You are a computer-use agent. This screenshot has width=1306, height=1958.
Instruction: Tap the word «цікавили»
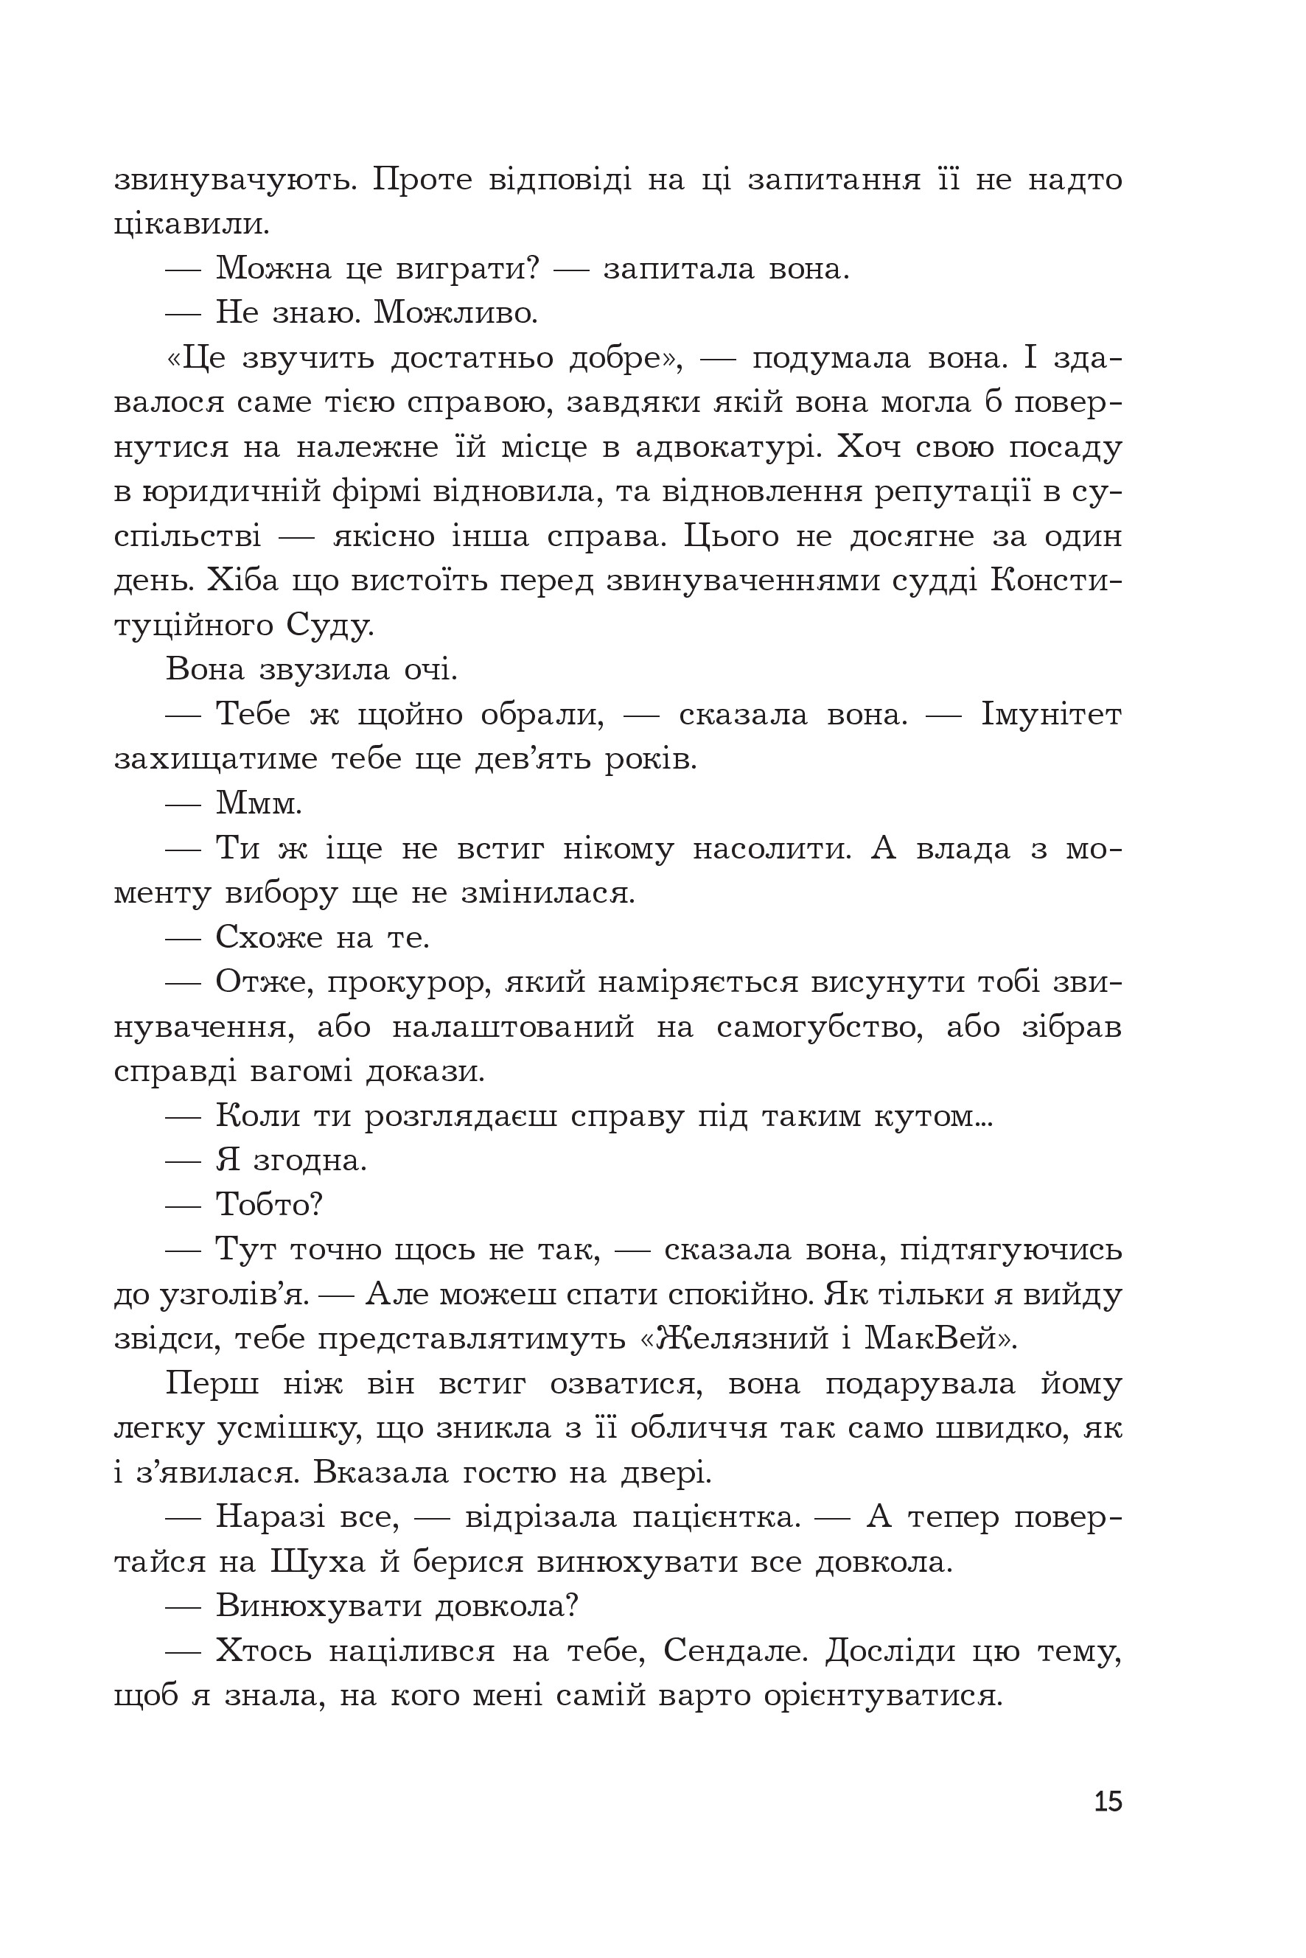[x=191, y=224]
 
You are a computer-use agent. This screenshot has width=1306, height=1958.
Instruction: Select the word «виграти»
[x=468, y=268]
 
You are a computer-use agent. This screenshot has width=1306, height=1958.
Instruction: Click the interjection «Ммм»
[x=258, y=804]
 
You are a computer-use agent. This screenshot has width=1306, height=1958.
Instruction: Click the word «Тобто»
[x=268, y=1205]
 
